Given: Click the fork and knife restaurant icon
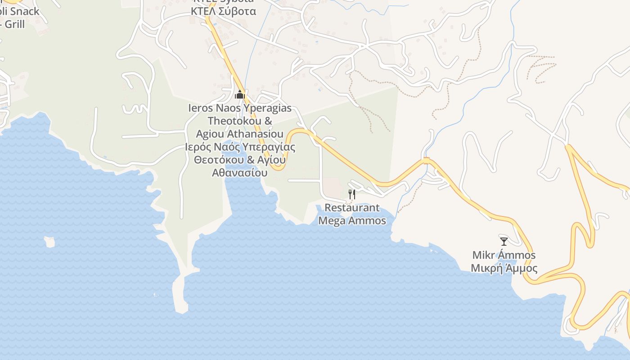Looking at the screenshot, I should click(352, 194).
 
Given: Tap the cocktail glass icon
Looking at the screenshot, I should click(504, 241).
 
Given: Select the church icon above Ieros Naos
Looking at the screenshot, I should click(240, 94).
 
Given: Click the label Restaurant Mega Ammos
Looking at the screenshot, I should click(352, 214).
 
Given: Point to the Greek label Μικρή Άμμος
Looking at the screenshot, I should click(504, 269).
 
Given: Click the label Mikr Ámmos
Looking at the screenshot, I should click(504, 255).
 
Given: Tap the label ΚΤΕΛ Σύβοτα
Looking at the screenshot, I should click(223, 11).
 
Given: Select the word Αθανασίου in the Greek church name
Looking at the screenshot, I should click(240, 173).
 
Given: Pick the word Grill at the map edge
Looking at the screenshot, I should click(15, 24).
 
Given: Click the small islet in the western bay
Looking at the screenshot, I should click(49, 242).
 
